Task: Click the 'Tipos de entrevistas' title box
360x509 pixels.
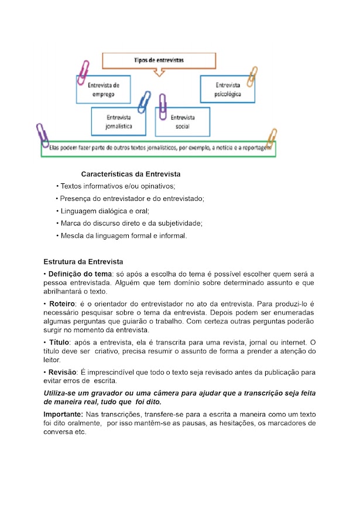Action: (159, 60)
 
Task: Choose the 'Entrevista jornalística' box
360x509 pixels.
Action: (119, 121)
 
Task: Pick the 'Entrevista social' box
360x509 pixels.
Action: (182, 121)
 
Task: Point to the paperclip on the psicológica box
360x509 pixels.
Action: (252, 76)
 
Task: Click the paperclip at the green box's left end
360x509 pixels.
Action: (42, 135)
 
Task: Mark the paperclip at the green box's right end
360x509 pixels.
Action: (271, 139)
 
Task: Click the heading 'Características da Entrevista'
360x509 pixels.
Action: (131, 174)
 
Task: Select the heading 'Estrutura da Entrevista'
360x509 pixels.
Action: (83, 261)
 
